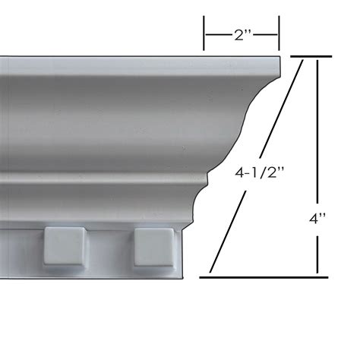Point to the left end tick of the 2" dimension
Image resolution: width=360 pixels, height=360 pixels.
point(204,33)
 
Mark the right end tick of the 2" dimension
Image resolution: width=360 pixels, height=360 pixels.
point(279,33)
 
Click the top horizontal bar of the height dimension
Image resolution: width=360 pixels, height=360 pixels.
point(308,57)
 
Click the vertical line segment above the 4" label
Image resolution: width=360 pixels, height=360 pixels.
point(317,129)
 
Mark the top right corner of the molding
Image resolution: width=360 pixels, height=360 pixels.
point(279,57)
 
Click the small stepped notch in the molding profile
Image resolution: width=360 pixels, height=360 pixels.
point(204,178)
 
